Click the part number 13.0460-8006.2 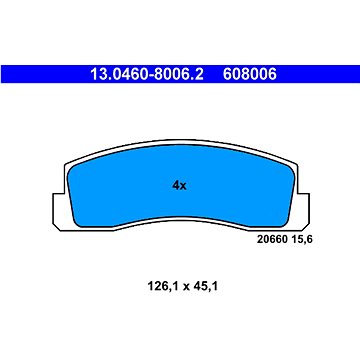(147, 74)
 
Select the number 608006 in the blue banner (250, 74)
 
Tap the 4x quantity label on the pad (180, 186)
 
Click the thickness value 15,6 (301, 240)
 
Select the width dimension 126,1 (163, 286)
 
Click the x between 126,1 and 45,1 (185, 287)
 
